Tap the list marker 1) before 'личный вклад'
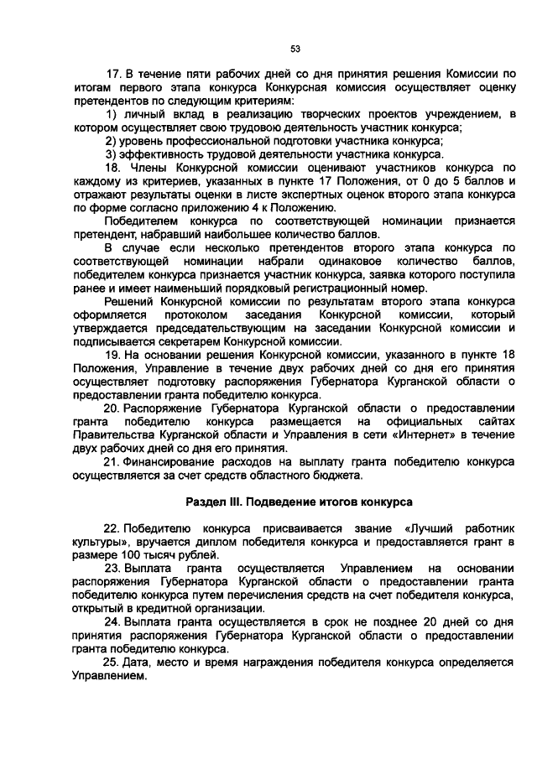coord(110,114)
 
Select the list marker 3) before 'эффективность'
coord(110,153)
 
